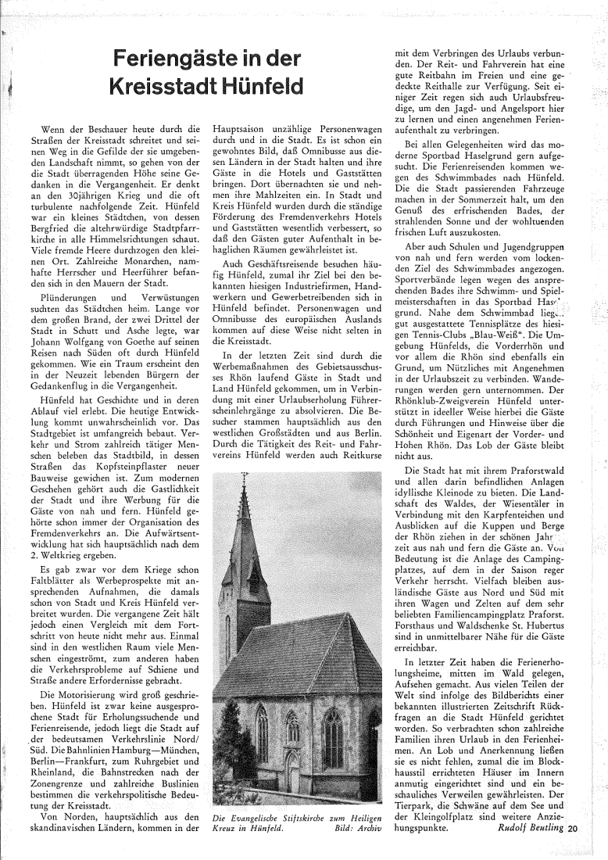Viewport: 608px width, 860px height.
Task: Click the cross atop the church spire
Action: click(x=244, y=478)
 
